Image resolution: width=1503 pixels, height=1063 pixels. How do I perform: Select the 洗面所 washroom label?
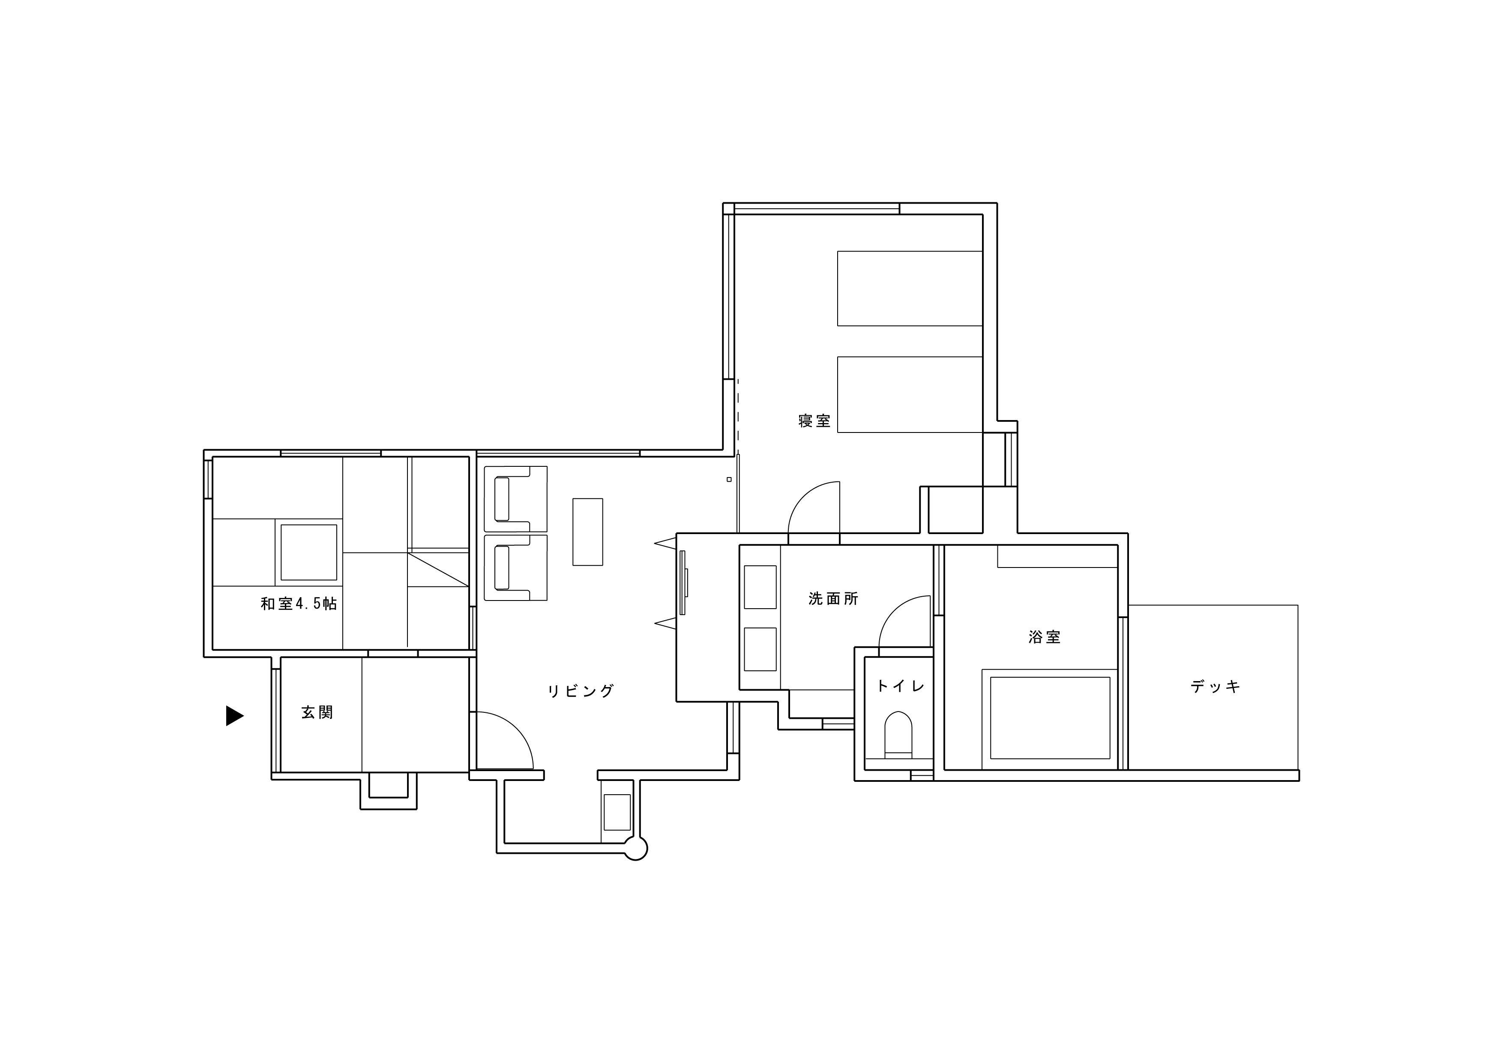[x=833, y=599]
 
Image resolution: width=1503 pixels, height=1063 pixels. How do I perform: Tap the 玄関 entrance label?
[x=317, y=713]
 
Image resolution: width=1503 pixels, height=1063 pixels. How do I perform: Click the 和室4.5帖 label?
[x=299, y=604]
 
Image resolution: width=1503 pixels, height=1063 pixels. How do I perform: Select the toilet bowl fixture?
[x=898, y=734]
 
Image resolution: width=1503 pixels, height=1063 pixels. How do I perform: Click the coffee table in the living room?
[x=588, y=532]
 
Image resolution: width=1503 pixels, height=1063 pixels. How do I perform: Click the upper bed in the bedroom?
[x=910, y=288]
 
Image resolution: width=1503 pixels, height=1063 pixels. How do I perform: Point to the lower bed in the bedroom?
[x=910, y=394]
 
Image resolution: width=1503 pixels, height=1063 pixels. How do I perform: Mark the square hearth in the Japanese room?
[x=309, y=552]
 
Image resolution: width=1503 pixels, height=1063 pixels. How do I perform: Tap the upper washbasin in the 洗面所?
[x=760, y=587]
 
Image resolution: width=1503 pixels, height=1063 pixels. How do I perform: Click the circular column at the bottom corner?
[x=636, y=849]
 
